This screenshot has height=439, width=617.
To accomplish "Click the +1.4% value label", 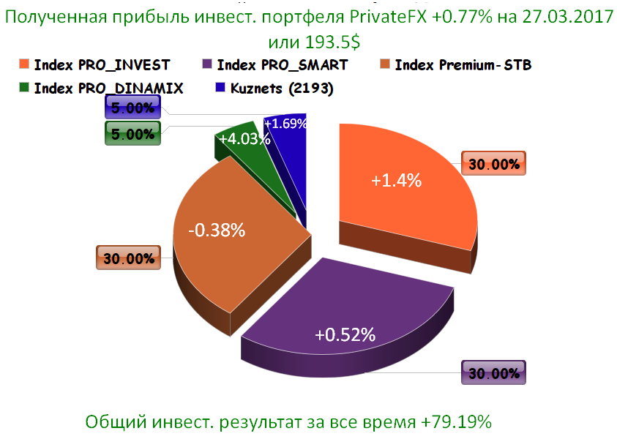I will tap(396, 181).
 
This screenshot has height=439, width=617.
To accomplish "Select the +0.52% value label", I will tap(345, 335).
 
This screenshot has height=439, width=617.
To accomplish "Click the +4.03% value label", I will tap(239, 139).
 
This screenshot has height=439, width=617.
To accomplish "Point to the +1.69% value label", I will tap(285, 124).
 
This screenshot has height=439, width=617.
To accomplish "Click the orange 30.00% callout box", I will tap(493, 164).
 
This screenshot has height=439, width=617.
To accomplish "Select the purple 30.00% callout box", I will tap(495, 373).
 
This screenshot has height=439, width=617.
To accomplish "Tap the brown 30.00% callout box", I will tap(128, 258).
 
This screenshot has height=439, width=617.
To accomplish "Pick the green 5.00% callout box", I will tap(132, 134).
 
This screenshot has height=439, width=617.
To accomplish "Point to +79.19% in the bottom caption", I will tap(457, 422).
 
